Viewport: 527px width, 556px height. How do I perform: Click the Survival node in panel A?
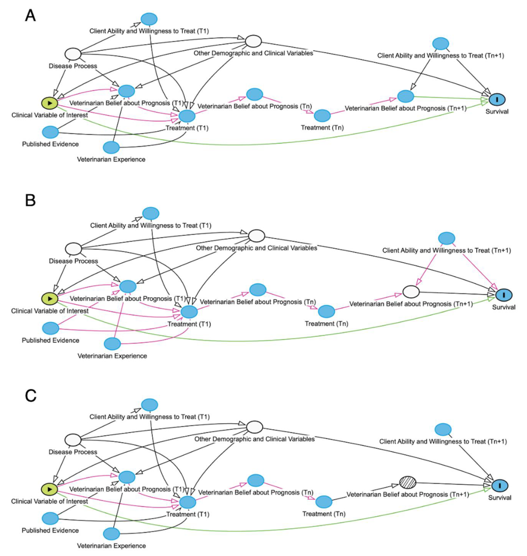tap(497, 99)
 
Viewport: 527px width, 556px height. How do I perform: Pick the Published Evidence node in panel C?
tap(50, 518)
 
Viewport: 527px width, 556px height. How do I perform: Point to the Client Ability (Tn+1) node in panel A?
tap(440, 44)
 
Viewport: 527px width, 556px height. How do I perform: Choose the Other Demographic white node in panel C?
tap(254, 427)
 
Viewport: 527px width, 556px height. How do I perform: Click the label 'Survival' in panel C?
tap(500, 498)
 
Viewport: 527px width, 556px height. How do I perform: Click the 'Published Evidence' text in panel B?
tap(51, 340)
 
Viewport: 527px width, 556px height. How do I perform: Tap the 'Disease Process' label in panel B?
tap(73, 261)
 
